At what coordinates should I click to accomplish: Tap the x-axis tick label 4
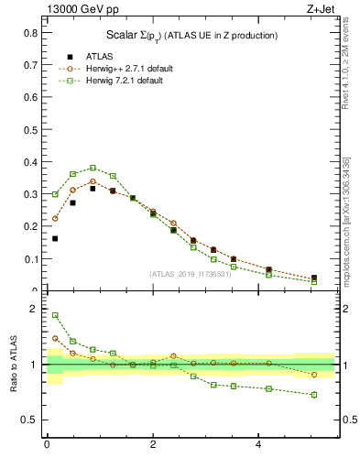[x=259, y=446]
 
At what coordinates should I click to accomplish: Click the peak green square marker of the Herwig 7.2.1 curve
[x=93, y=168]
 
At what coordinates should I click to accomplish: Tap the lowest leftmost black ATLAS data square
[x=55, y=238]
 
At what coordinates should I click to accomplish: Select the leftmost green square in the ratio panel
[x=55, y=315]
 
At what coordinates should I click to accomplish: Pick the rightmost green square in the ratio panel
[x=314, y=395]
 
